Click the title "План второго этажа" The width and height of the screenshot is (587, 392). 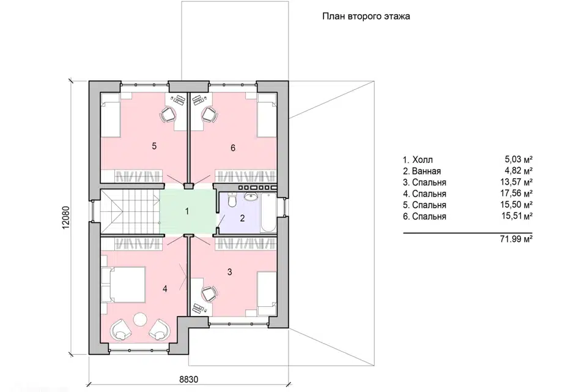366,17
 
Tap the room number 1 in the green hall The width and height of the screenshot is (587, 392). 187,211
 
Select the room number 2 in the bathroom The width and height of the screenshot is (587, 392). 242,218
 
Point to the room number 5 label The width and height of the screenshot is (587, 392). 154,146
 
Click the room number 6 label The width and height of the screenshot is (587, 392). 233,148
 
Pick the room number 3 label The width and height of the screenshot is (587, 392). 230,272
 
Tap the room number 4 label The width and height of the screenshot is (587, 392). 165,288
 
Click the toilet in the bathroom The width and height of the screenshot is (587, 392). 232,200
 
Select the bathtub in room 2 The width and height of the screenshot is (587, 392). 268,213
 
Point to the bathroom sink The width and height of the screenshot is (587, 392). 249,197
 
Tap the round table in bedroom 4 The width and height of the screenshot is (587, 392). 141,319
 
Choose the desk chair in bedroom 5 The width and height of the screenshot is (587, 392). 168,114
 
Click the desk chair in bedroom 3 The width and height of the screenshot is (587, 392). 209,293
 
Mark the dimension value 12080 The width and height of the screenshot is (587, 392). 66,217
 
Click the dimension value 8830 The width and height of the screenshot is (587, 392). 189,379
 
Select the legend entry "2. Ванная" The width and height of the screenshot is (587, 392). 422,171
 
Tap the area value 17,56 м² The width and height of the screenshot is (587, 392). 517,194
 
